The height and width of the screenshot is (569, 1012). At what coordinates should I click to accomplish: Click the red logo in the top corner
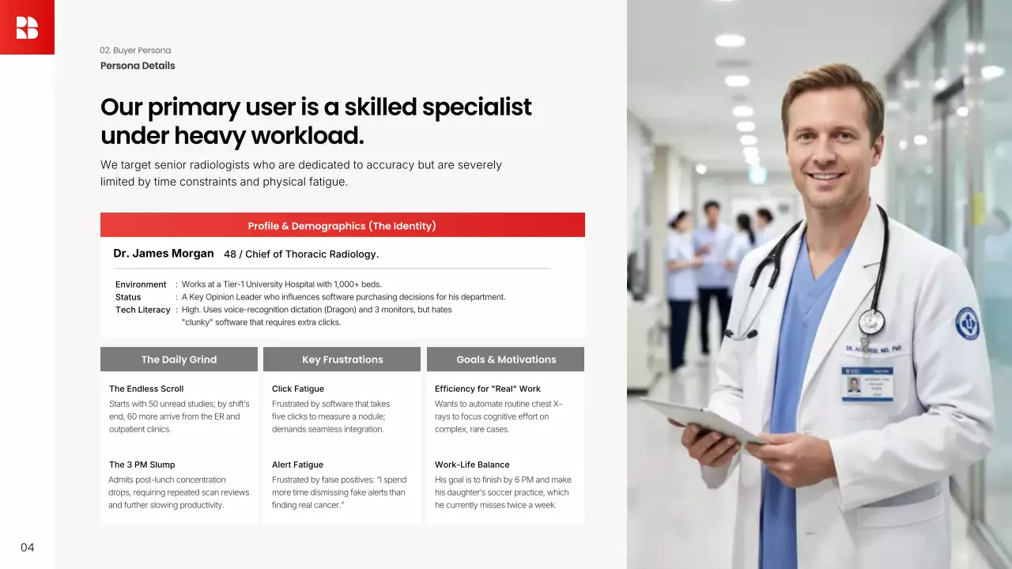[x=27, y=27]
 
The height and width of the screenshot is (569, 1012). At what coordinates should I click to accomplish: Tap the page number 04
[x=27, y=548]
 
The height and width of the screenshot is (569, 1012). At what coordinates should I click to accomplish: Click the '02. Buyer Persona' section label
[x=135, y=50]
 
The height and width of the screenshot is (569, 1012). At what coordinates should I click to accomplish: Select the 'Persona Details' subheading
[x=138, y=66]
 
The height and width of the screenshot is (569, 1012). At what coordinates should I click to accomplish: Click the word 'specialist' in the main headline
[x=477, y=107]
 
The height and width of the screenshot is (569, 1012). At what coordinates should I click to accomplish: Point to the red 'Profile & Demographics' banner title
[x=342, y=226]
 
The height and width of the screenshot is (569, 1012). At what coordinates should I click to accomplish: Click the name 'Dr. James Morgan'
[x=163, y=254]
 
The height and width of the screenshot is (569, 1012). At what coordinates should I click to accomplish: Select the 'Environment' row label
[x=141, y=284]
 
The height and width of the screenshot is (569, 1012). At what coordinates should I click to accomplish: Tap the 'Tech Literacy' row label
[x=143, y=310]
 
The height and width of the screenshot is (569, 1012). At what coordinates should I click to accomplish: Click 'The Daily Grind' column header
[x=179, y=360]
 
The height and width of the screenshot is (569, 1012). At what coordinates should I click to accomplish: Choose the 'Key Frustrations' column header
[x=342, y=360]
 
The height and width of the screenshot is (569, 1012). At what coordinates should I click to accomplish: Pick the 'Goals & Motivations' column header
[x=505, y=360]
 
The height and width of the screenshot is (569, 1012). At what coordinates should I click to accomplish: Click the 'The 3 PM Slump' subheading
[x=142, y=465]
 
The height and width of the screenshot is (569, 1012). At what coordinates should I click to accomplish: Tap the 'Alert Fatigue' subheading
[x=297, y=465]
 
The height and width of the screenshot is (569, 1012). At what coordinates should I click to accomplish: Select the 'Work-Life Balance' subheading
[x=472, y=465]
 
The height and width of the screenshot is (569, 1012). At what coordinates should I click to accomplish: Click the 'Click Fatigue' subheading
[x=298, y=389]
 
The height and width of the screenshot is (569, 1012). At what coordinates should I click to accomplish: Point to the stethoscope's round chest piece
[x=871, y=322]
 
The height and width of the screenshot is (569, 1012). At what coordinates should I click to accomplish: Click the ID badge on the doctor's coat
[x=867, y=384]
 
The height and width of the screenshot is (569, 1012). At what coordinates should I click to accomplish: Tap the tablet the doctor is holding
[x=704, y=420]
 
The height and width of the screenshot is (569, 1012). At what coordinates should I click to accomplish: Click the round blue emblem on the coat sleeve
[x=967, y=323]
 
